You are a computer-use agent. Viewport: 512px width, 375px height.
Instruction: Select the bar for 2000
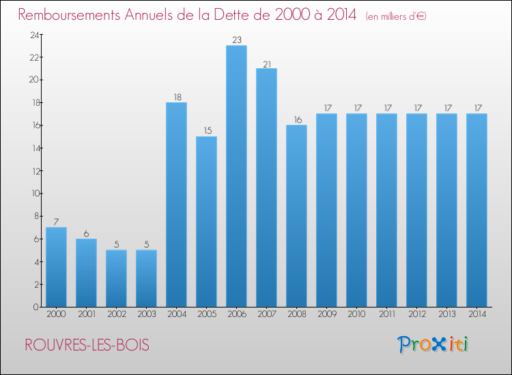pos(56,267)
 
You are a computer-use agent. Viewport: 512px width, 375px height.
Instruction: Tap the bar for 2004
pos(176,205)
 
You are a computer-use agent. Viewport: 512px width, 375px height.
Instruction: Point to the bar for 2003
pos(146,278)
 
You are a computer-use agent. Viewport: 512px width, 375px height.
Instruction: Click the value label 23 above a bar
pos(236,40)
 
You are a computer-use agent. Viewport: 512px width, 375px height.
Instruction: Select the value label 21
pos(266,63)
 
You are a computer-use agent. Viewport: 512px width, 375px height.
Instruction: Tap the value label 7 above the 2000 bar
pos(56,222)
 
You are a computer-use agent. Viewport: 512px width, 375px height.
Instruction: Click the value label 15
pos(206,131)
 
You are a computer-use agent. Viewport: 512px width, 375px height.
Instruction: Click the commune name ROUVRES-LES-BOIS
pos(87,345)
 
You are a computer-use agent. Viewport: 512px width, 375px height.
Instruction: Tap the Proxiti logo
pos(433,344)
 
